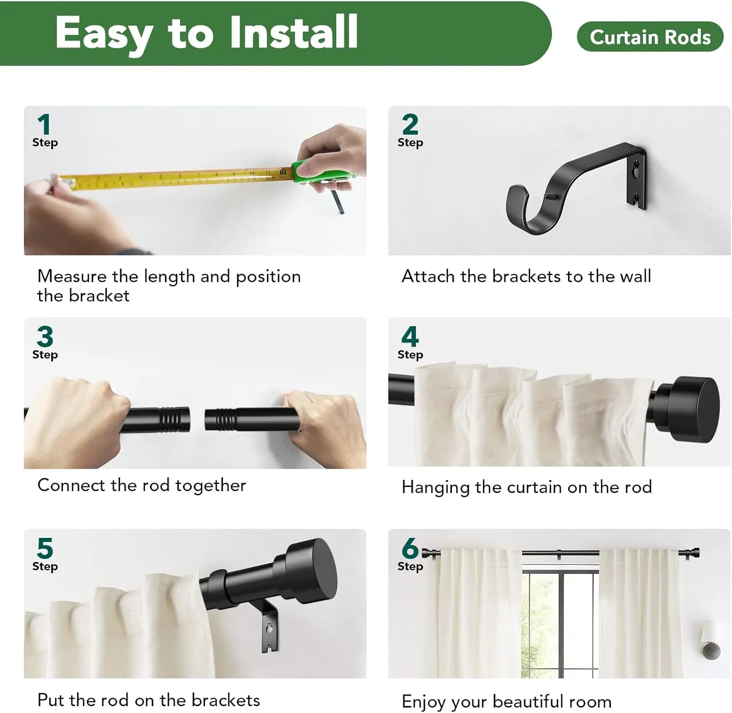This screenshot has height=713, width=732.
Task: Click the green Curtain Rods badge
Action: pyautogui.click(x=650, y=37)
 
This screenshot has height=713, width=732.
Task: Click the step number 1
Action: pyautogui.click(x=44, y=124)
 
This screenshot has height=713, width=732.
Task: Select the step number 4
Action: pyautogui.click(x=410, y=337)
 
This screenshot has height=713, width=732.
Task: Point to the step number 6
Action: pyautogui.click(x=410, y=548)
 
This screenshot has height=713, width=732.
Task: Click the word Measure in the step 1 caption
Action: pyautogui.click(x=72, y=276)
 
